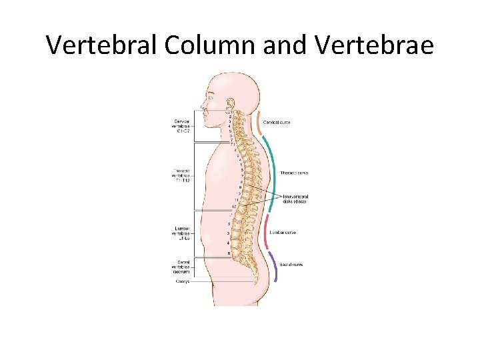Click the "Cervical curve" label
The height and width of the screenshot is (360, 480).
[x=277, y=123]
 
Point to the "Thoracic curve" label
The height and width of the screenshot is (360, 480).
[x=294, y=173]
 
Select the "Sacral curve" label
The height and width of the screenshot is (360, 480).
[x=291, y=265]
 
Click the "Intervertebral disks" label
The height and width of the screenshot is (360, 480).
[x=295, y=199]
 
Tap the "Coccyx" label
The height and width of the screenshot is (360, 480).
[x=183, y=281]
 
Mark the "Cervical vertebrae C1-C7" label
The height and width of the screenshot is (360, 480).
[x=182, y=126]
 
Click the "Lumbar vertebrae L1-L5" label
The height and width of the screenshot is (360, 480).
[x=182, y=233]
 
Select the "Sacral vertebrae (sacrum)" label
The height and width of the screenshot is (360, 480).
[x=182, y=267]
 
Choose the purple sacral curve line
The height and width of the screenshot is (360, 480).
[x=274, y=268]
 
